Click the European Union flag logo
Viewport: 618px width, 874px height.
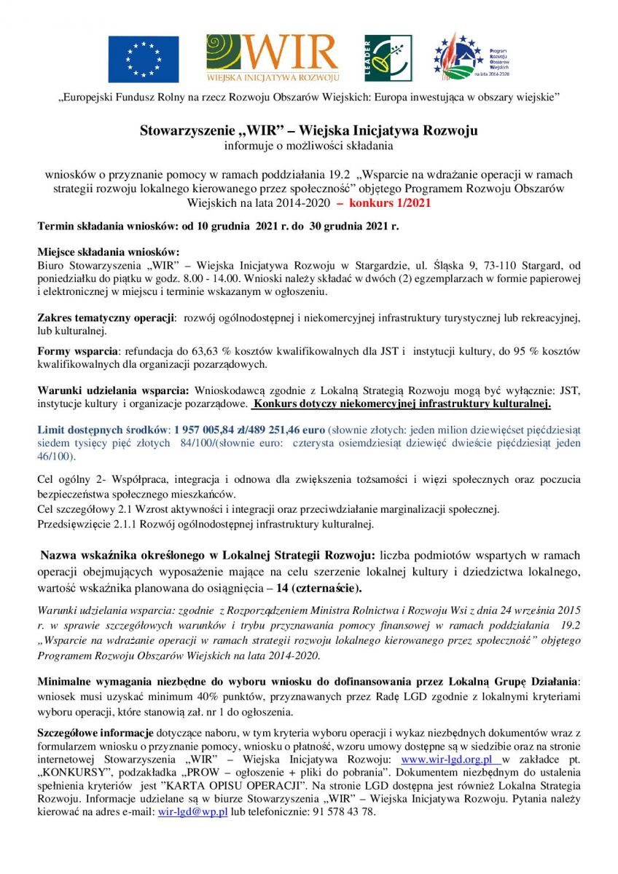click(144, 59)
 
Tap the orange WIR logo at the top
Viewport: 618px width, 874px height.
click(273, 58)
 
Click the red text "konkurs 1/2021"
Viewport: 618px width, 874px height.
click(390, 202)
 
